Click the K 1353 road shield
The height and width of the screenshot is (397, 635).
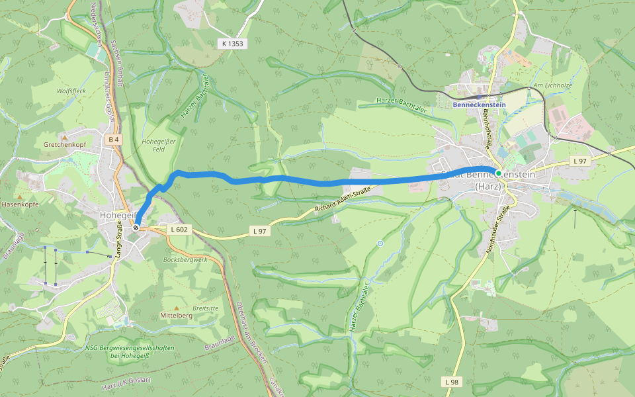[232, 43]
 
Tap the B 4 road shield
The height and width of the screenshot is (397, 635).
[114, 139]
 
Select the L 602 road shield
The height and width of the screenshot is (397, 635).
[179, 230]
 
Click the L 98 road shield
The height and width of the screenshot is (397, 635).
[451, 382]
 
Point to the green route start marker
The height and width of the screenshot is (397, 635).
[498, 173]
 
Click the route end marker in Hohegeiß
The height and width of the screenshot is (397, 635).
[136, 228]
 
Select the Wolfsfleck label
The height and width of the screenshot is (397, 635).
[71, 91]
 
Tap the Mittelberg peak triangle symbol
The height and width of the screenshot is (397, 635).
[176, 308]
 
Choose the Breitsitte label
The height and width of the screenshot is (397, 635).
[205, 308]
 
